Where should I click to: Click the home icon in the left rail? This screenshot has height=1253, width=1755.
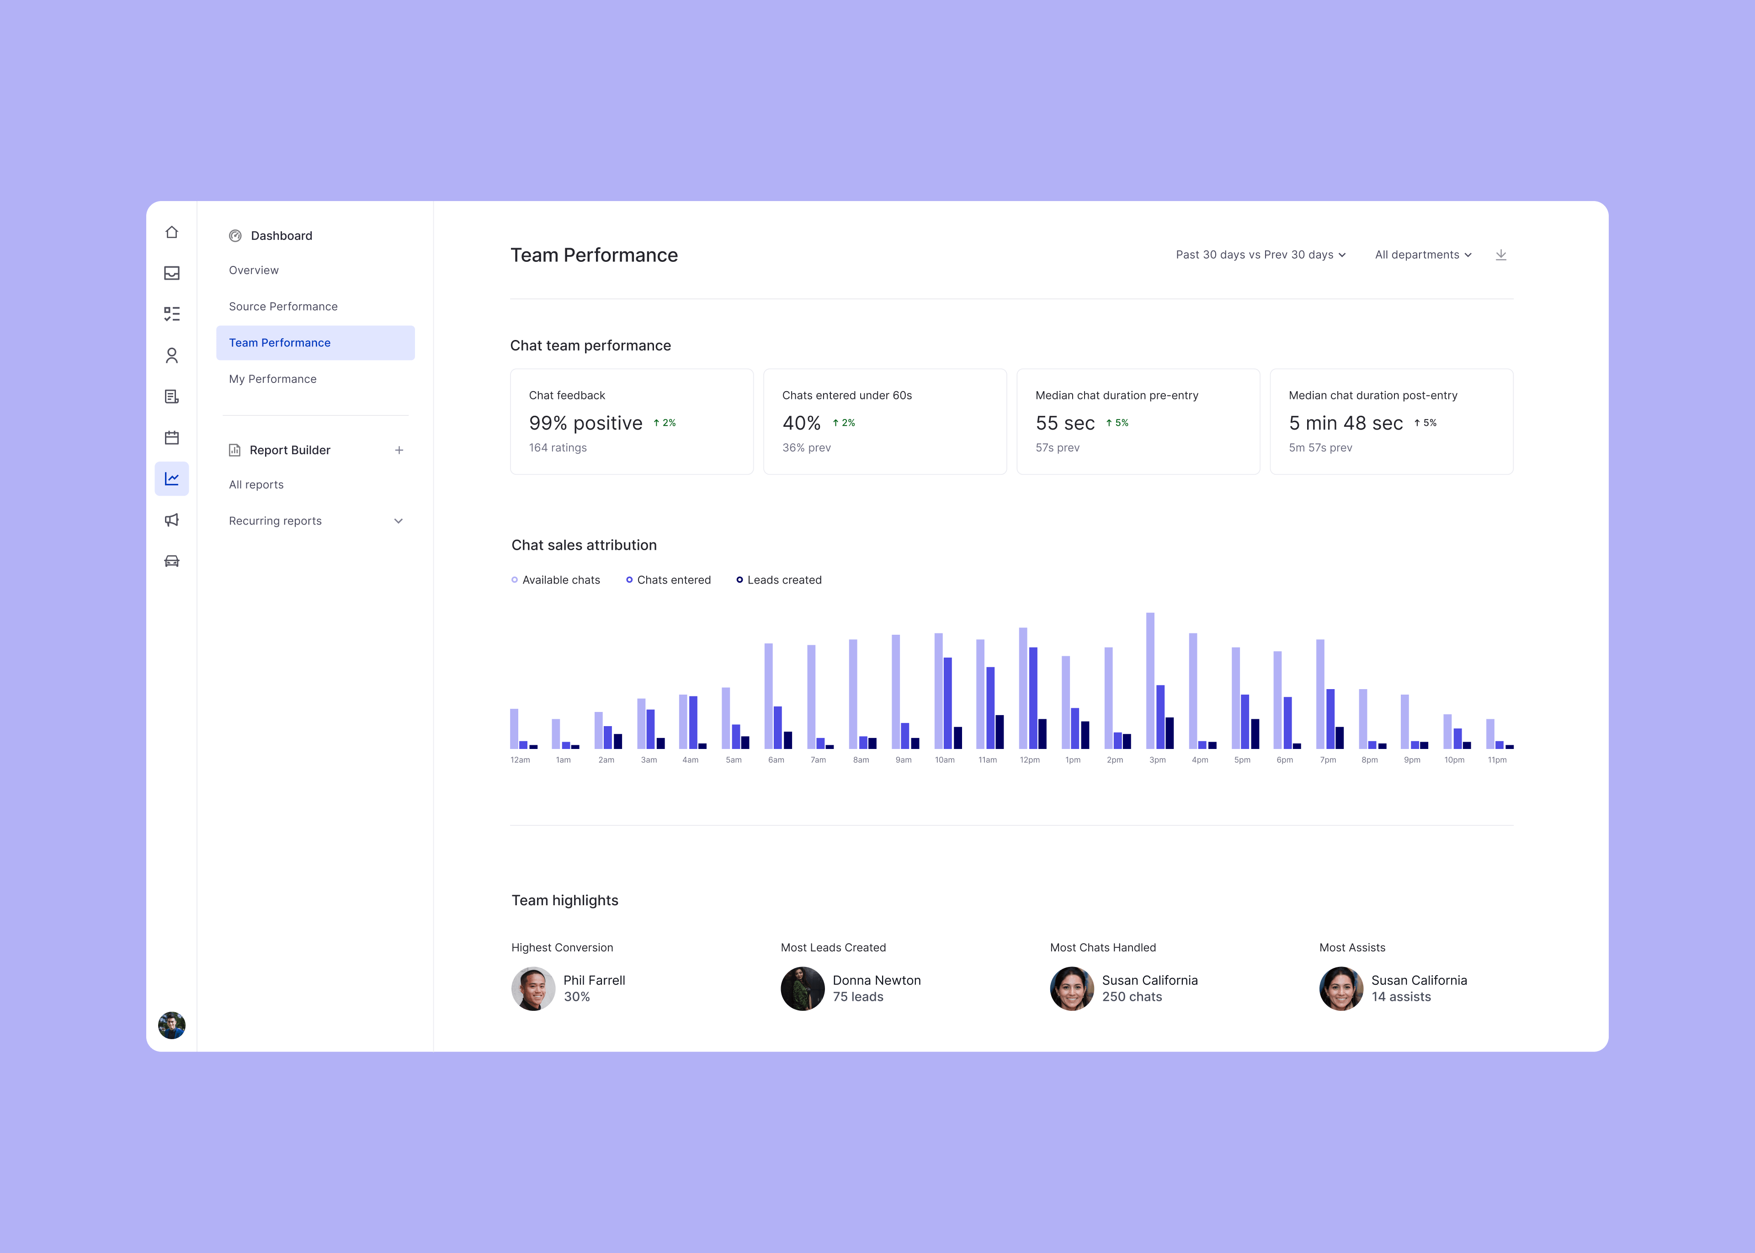coord(171,232)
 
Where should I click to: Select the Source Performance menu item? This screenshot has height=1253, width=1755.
coord(283,306)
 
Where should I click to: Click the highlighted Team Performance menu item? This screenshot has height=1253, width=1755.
coord(279,343)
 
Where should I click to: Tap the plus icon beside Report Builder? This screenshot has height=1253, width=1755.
coord(399,450)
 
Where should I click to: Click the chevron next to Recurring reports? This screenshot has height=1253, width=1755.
coord(398,521)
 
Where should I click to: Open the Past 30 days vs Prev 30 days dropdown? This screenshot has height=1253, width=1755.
coord(1260,255)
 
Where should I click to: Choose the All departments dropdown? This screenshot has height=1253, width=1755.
coord(1423,255)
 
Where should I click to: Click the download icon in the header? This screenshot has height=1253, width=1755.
coord(1500,255)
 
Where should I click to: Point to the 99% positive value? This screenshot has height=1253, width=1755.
coord(585,423)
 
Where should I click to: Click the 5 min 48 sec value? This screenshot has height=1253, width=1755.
coord(1345,423)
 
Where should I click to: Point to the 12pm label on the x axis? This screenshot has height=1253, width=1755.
coord(1029,760)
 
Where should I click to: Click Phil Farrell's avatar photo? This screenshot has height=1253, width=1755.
coord(533,988)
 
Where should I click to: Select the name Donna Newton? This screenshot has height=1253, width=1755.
coord(876,980)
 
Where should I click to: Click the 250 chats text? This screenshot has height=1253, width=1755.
coord(1132,997)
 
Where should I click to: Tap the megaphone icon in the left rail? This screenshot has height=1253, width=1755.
coord(171,520)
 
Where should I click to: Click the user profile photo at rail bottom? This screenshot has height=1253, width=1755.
coord(171,1025)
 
